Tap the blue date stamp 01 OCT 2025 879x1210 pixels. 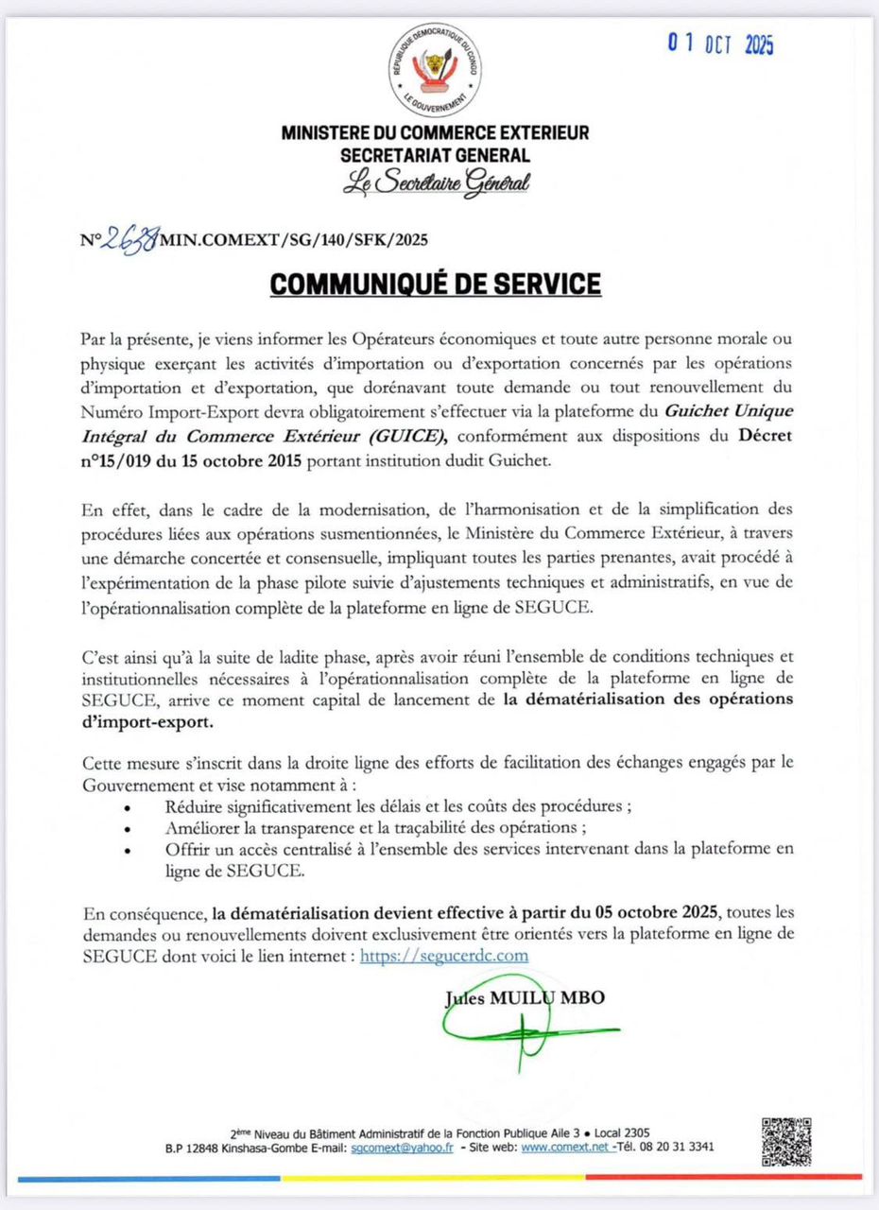[x=720, y=43]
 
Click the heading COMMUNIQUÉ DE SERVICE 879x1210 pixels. [x=435, y=284]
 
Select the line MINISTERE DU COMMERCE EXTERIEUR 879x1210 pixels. [x=435, y=133]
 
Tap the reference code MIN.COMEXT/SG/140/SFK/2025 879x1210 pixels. [x=294, y=240]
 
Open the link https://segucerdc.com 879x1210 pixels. [x=444, y=956]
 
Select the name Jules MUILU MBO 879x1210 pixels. [x=524, y=997]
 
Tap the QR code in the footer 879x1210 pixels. [x=786, y=1140]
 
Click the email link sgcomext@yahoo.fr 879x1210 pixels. [x=402, y=1148]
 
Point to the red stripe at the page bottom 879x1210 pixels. [x=723, y=1177]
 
